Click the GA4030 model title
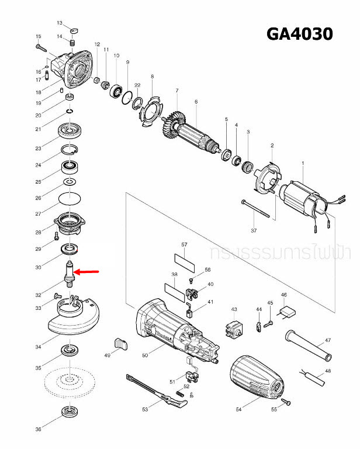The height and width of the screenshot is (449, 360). point(299,34)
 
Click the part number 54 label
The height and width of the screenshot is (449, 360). point(238,410)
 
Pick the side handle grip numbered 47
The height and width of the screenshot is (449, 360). point(308,346)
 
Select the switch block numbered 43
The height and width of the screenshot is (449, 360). point(234,329)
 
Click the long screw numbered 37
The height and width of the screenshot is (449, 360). point(254,209)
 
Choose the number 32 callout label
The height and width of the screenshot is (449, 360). point(38,295)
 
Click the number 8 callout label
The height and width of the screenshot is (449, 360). point(152,77)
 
